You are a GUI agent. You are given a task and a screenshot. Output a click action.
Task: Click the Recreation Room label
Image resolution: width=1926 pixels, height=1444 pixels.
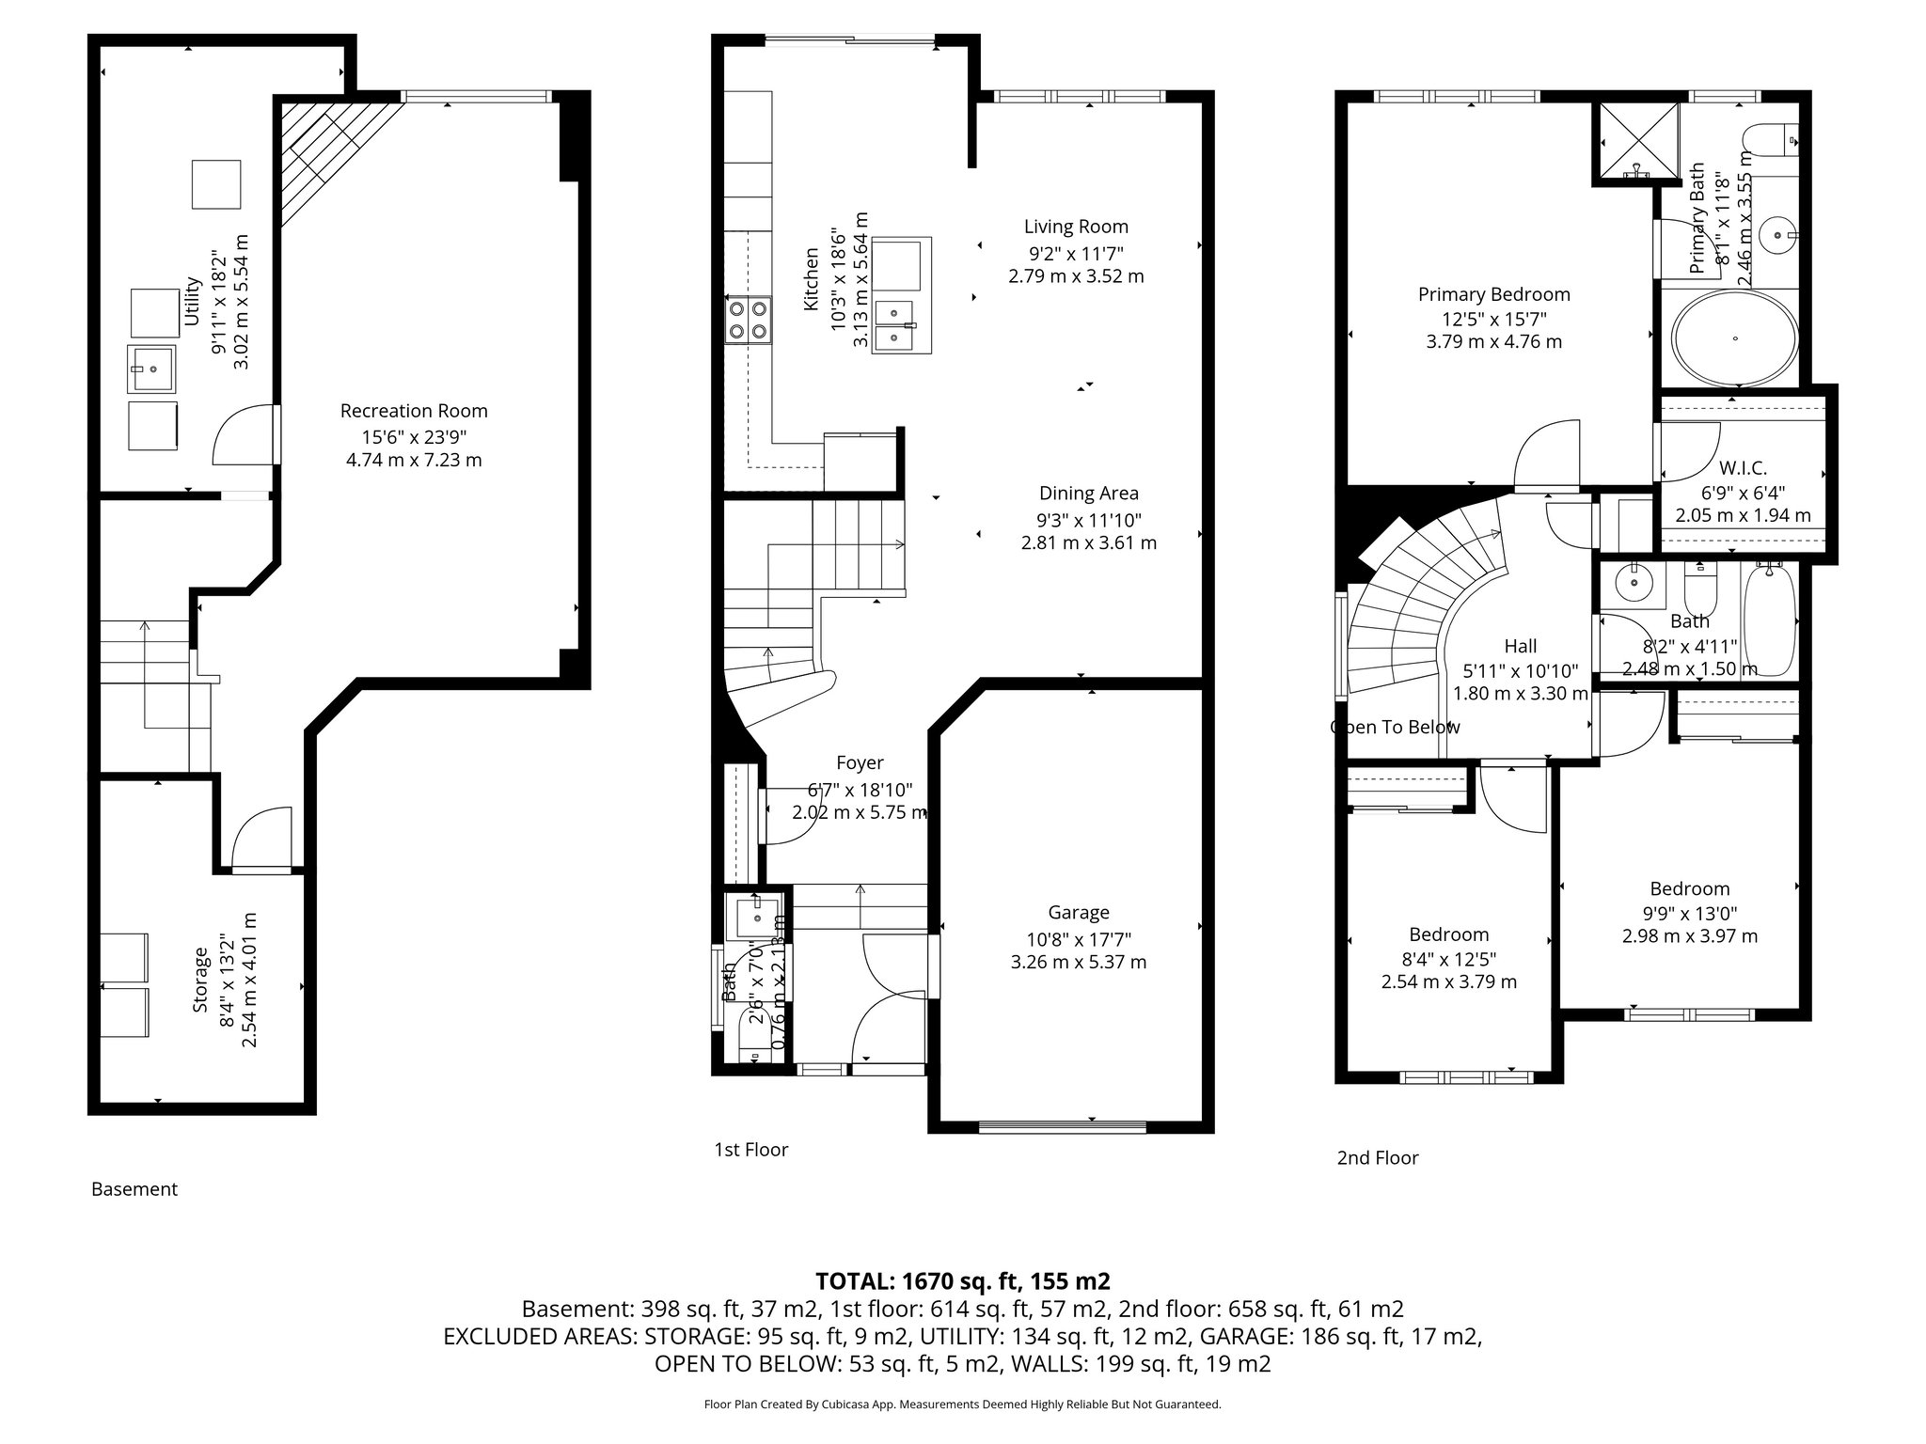414,411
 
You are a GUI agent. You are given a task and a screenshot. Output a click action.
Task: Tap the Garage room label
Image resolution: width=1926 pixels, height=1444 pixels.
1079,913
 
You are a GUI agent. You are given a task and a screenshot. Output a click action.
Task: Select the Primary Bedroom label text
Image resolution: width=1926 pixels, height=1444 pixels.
1493,294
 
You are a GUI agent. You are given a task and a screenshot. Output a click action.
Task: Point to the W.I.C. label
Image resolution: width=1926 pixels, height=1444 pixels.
1743,468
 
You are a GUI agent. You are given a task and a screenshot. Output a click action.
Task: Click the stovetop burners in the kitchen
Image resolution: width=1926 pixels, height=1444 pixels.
748,319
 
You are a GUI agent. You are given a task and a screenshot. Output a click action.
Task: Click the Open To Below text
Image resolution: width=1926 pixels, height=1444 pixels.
1395,727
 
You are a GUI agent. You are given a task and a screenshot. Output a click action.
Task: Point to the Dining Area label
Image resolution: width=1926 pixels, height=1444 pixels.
1088,494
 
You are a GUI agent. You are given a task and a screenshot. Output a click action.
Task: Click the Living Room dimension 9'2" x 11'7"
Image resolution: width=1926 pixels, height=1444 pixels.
1076,252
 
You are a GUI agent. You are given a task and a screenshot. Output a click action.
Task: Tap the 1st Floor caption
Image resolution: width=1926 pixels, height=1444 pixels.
750,1149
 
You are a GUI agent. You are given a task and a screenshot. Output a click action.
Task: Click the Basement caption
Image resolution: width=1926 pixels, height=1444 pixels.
134,1189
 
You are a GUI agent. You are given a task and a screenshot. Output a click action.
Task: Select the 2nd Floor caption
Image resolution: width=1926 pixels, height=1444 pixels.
1377,1157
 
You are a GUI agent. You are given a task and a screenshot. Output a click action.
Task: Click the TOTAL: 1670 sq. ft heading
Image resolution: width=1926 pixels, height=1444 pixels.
962,1280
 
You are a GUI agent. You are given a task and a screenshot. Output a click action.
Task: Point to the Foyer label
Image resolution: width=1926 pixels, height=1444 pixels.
860,763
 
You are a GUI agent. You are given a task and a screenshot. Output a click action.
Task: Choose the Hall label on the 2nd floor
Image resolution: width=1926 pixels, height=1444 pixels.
1520,646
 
